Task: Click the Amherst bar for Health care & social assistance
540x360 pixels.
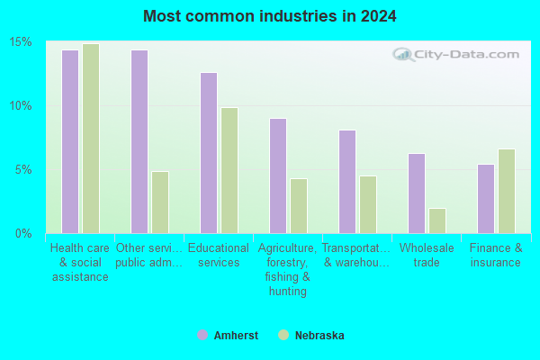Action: [x=70, y=141]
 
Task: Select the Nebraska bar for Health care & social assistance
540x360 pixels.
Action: [x=91, y=139]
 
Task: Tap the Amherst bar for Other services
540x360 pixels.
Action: [x=139, y=141]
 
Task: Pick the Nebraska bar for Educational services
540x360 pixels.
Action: [x=229, y=170]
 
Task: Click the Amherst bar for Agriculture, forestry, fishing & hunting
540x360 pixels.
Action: [x=278, y=176]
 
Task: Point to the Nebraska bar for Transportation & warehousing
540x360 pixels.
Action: [x=368, y=204]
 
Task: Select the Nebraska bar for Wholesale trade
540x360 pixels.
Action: [x=437, y=220]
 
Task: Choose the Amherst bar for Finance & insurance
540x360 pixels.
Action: [x=486, y=199]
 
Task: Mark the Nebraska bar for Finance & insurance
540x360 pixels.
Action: [x=507, y=191]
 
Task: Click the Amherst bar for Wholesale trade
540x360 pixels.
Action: [x=417, y=193]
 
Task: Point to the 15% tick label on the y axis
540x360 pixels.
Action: [x=21, y=42]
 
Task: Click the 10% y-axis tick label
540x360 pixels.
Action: [x=21, y=106]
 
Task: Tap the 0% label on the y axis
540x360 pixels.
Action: [x=23, y=234]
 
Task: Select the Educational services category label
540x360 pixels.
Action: [x=219, y=255]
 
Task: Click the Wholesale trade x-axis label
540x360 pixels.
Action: [x=427, y=255]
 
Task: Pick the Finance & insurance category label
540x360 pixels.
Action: [x=496, y=255]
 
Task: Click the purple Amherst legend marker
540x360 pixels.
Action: [x=202, y=335]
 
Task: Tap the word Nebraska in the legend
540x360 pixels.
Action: [x=319, y=335]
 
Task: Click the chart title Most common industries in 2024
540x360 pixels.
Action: [x=270, y=16]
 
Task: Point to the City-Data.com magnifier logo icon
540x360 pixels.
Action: [x=403, y=54]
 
